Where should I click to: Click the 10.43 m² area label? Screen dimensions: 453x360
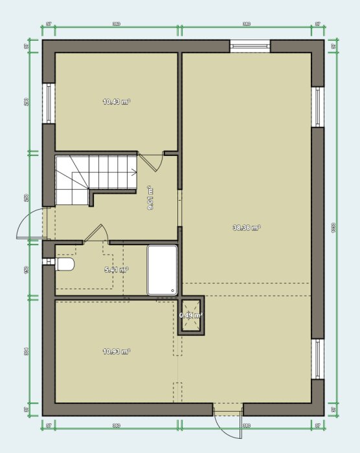click(x=117, y=102)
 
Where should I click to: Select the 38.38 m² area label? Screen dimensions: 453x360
click(x=246, y=228)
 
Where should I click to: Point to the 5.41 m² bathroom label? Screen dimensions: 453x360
click(x=117, y=270)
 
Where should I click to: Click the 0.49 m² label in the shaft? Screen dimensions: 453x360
click(x=191, y=316)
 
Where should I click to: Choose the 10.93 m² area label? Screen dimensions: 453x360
click(x=117, y=351)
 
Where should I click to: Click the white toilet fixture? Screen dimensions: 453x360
click(x=65, y=265)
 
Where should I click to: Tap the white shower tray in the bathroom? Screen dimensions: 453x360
click(x=162, y=270)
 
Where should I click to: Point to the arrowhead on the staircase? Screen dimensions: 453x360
click(x=134, y=173)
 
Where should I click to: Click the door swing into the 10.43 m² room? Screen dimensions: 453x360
click(x=150, y=162)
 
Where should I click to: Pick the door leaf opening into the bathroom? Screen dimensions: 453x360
click(x=97, y=233)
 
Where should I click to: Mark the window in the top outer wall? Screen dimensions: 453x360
click(x=250, y=46)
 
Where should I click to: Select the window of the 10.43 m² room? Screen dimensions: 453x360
click(x=49, y=103)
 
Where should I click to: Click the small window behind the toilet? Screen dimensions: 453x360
click(x=48, y=261)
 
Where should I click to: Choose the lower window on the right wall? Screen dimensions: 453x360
click(x=317, y=359)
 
